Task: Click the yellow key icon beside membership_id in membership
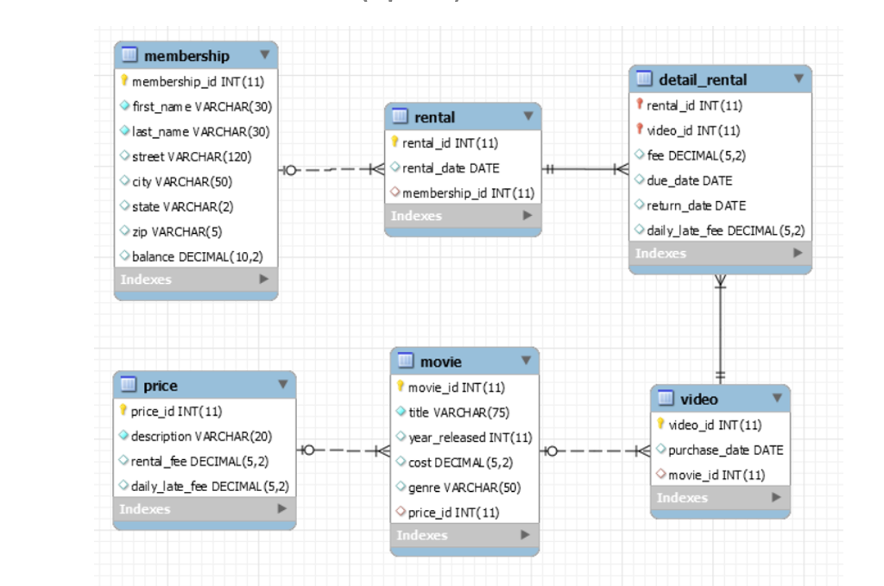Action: pos(126,81)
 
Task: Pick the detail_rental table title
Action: pos(703,79)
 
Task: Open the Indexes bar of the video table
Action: pos(720,498)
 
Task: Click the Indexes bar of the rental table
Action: pos(463,216)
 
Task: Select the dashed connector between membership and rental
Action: pos(331,169)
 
